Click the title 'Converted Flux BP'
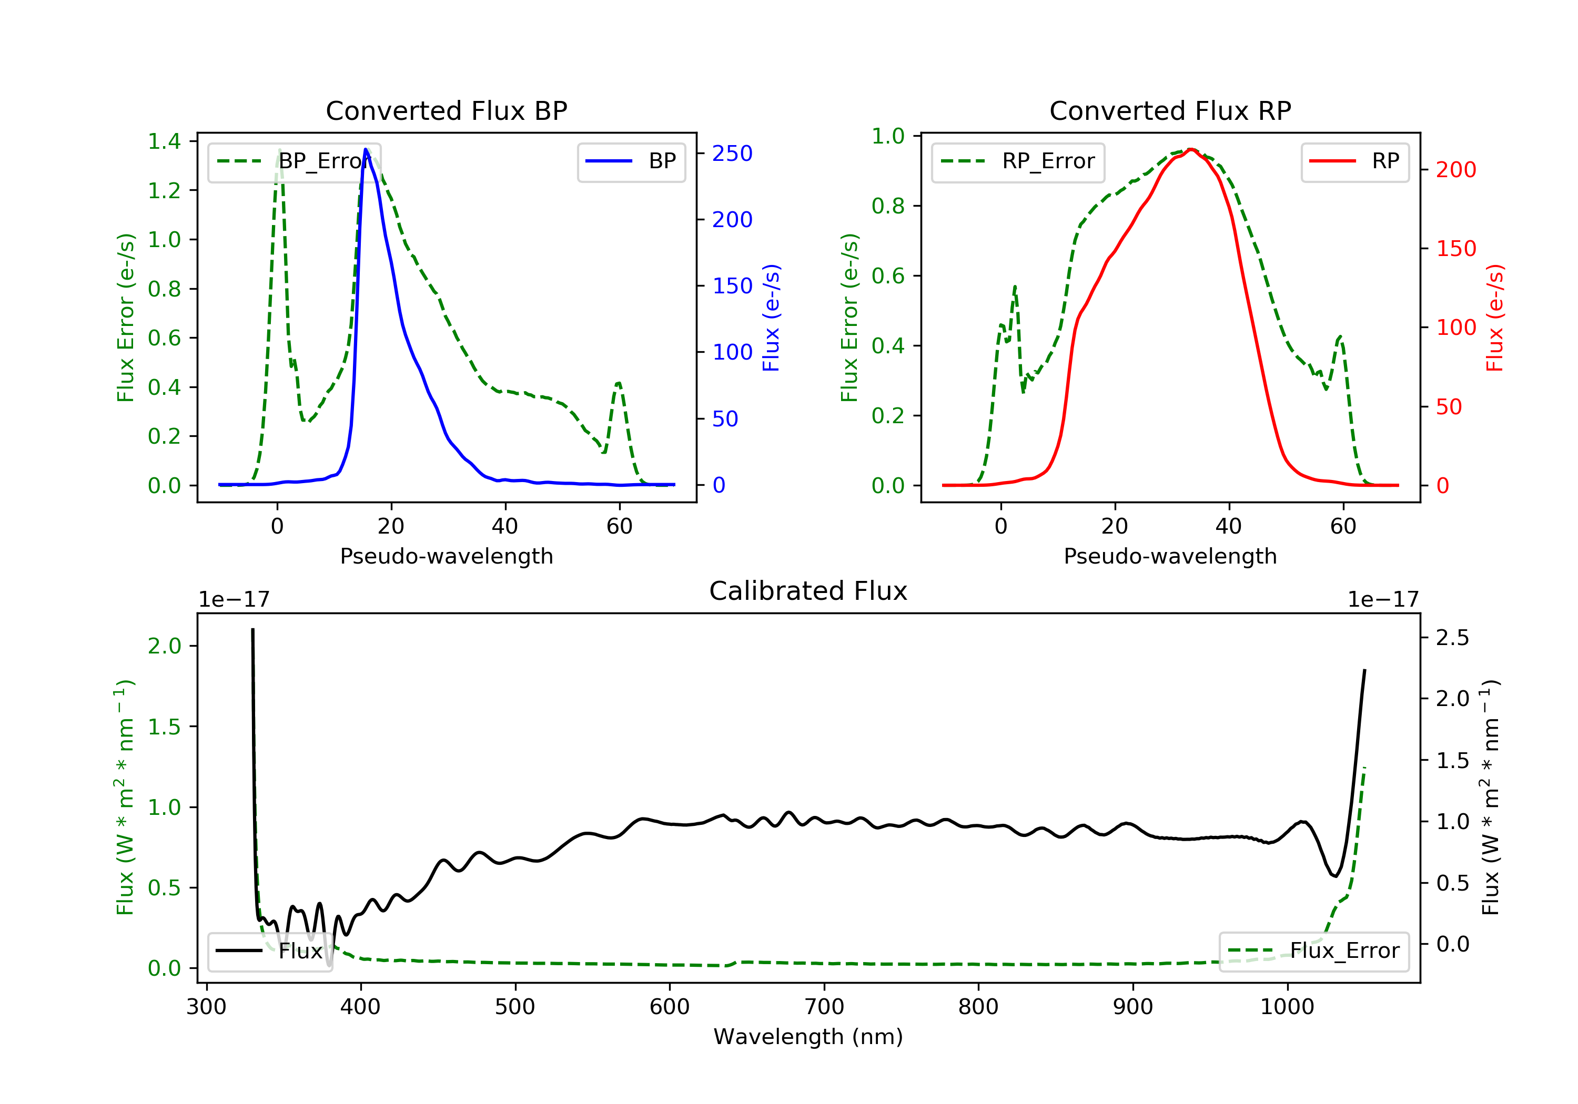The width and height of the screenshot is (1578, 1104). pos(446,110)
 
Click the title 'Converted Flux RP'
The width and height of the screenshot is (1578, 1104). pos(1170,110)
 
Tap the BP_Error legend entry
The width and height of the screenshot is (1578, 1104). pos(294,161)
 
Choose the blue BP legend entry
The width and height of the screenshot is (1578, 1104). pos(631,161)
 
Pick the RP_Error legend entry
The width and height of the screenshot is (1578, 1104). pos(1018,161)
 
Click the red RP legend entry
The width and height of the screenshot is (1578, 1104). pos(1354,161)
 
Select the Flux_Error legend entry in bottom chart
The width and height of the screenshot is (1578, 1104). pos(1313,951)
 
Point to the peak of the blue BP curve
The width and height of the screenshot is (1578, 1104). pos(366,149)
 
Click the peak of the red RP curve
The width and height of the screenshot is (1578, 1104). pos(1190,149)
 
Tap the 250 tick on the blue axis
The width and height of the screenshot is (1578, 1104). pos(732,153)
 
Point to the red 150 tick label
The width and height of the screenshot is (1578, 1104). pos(1455,249)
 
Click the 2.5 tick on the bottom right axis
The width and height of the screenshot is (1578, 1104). pos(1452,638)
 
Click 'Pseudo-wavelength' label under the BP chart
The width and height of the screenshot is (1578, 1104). pos(446,556)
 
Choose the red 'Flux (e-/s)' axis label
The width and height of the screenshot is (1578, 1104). pos(1494,318)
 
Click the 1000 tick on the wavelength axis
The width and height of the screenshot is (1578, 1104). pos(1287,1007)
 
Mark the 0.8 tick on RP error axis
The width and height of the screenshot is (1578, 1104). pos(888,206)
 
